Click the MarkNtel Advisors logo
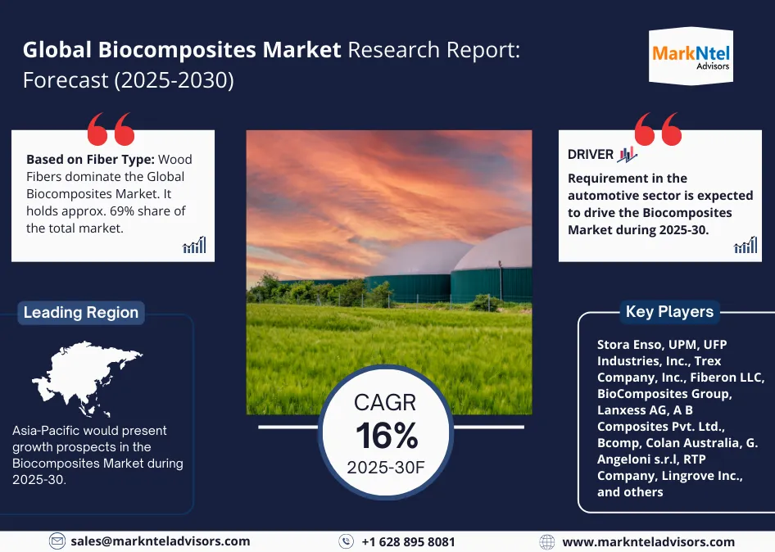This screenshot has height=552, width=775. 691,55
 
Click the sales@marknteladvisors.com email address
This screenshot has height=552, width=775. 160,541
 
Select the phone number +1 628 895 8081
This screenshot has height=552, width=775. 407,541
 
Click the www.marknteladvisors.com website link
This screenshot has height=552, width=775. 648,541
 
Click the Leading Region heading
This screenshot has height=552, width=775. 80,312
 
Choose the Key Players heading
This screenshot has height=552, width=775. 669,311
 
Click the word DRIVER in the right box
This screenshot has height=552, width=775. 590,154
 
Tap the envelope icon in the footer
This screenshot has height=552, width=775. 57,541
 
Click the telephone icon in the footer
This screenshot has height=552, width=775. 347,541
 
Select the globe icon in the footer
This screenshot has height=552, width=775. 547,541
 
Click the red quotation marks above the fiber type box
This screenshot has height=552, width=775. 110,129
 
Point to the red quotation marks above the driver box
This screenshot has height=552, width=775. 657,129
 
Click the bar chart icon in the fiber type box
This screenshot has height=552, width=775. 195,245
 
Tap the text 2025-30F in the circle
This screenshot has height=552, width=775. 386,468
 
